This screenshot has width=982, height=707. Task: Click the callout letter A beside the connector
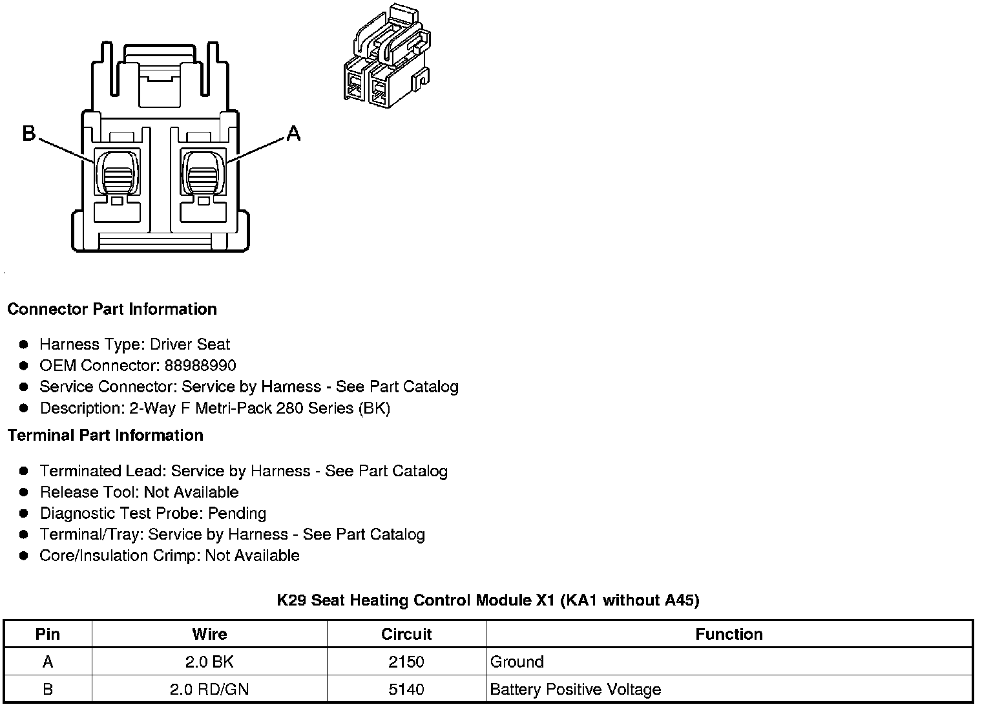click(293, 133)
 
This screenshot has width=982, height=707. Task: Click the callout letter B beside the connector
click(29, 133)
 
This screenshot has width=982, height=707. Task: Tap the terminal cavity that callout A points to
click(203, 172)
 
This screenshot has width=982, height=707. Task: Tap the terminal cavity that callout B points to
click(117, 172)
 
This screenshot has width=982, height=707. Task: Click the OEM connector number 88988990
click(200, 366)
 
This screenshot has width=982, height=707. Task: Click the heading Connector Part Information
click(112, 309)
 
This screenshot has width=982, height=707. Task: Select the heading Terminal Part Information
click(105, 435)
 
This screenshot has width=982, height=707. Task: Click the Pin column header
click(48, 634)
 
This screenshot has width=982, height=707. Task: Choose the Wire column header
click(209, 634)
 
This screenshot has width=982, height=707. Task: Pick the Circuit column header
click(406, 634)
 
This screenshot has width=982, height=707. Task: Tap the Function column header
click(729, 634)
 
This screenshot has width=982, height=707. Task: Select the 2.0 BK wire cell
click(209, 662)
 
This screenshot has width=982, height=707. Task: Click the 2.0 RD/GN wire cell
click(209, 690)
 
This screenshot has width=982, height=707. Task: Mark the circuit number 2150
click(406, 662)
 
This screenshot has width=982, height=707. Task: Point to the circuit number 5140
click(406, 690)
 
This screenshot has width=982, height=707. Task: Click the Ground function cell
click(517, 662)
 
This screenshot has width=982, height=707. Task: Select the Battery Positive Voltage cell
click(575, 690)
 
